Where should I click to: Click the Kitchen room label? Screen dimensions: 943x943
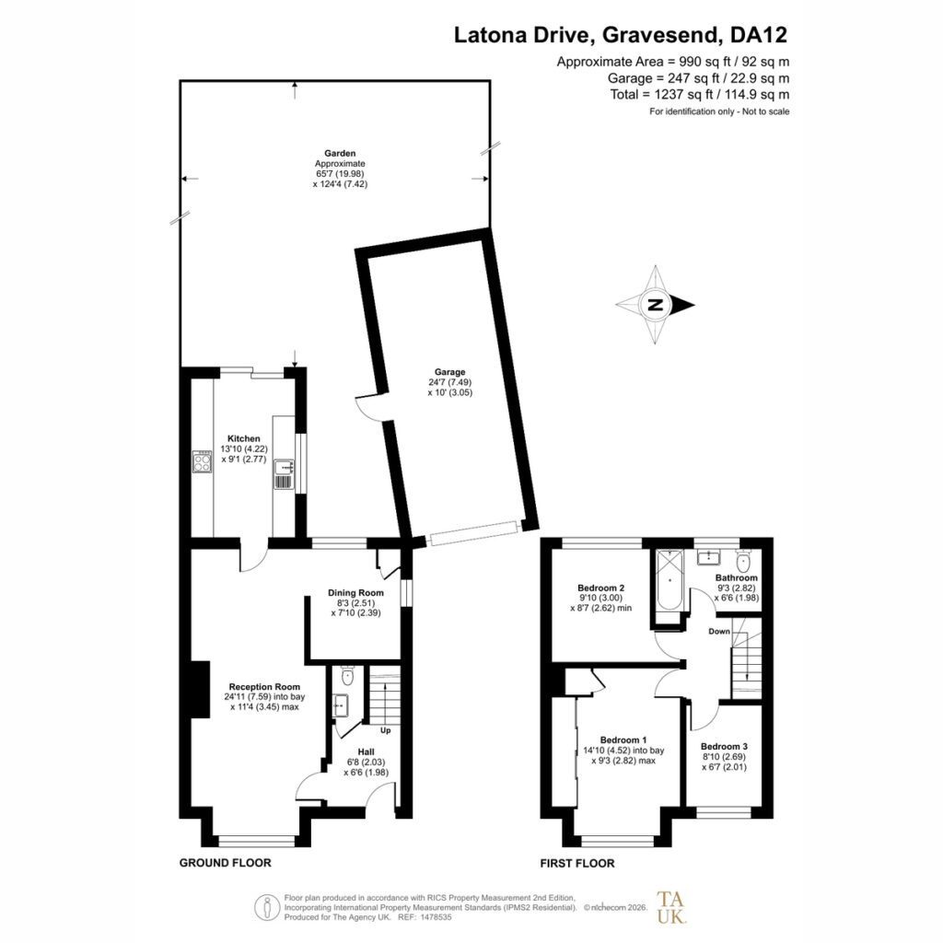point(243,438)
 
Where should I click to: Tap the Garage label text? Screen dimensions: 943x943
point(449,372)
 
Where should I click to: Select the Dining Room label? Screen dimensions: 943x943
point(355,592)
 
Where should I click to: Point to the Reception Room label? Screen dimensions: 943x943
point(264,686)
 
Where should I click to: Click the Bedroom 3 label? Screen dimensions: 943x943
point(724,746)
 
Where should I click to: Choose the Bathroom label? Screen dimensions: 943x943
point(736,577)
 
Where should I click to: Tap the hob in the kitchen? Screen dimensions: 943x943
point(202,461)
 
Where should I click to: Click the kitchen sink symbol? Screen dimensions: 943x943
point(284,474)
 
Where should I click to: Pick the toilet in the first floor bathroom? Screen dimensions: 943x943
point(743,562)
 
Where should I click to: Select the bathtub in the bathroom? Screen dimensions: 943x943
point(669,580)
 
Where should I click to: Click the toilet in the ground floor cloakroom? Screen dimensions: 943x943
point(347,675)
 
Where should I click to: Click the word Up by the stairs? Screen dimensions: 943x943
point(386,730)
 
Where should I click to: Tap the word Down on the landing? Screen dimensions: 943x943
point(718,631)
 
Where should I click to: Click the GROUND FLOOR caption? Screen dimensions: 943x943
point(225,862)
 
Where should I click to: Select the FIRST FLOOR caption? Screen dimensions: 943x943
point(576,863)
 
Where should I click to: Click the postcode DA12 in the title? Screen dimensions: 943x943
point(759,35)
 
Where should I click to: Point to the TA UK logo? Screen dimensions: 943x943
point(670,907)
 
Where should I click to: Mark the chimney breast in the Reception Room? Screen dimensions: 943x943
point(200,689)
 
